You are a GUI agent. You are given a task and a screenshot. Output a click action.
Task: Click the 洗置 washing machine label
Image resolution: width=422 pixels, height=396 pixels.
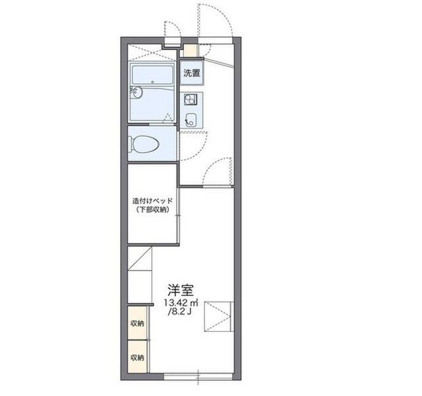coord(192,73)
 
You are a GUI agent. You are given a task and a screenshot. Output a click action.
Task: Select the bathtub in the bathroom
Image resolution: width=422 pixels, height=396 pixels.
coord(152,75)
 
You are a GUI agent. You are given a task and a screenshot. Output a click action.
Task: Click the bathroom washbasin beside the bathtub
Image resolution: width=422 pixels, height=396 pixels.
coord(137,92)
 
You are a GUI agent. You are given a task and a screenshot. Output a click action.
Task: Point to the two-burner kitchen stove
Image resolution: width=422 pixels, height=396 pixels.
coord(191,99)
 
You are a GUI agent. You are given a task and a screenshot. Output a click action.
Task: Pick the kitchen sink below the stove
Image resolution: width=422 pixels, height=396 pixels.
coord(191,119)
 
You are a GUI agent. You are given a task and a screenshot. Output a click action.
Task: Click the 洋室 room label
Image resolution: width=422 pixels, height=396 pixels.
coord(181,290)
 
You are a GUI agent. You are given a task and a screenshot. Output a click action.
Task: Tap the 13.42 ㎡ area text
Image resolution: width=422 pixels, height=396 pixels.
coord(181,304)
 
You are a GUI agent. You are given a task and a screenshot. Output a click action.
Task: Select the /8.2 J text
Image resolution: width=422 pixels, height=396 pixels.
coord(179,312)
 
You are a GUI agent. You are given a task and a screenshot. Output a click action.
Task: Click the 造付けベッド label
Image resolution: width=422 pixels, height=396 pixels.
coord(152,201)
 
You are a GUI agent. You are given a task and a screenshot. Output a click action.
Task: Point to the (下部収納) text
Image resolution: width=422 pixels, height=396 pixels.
coord(152,210)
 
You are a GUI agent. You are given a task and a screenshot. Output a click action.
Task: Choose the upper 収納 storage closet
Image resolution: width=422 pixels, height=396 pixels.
coord(137,323)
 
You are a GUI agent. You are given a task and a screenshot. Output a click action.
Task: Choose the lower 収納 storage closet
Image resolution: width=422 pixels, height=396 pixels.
coord(137,356)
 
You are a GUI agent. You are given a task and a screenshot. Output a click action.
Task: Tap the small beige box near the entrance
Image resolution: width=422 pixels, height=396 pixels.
coord(191,50)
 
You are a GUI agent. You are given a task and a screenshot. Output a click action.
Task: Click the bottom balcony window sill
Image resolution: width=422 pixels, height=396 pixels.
coord(198,376)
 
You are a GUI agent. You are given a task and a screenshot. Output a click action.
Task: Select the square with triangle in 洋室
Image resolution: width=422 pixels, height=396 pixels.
coord(218,317)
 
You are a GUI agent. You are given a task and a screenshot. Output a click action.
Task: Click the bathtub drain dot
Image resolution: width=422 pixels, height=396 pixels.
coord(152,82)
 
